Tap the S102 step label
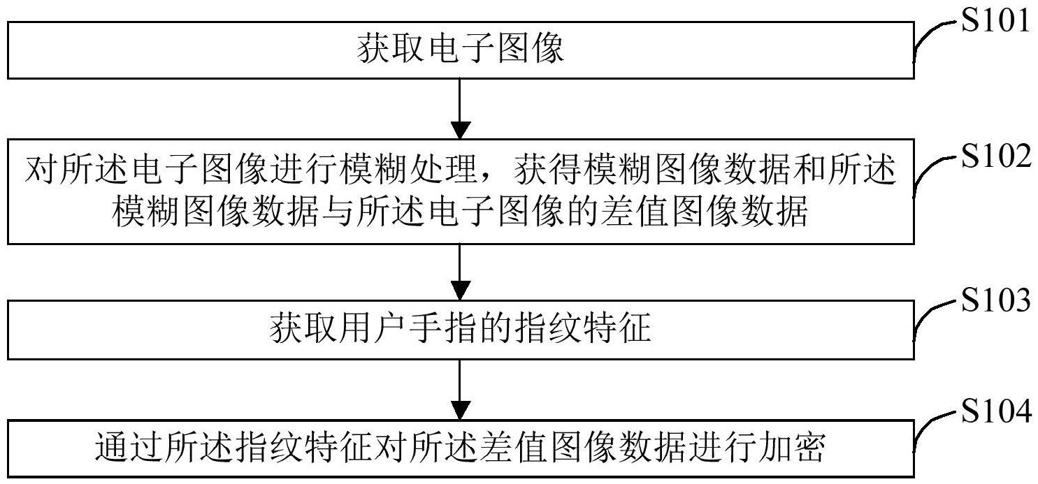tap(995, 158)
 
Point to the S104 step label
tap(995, 413)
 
